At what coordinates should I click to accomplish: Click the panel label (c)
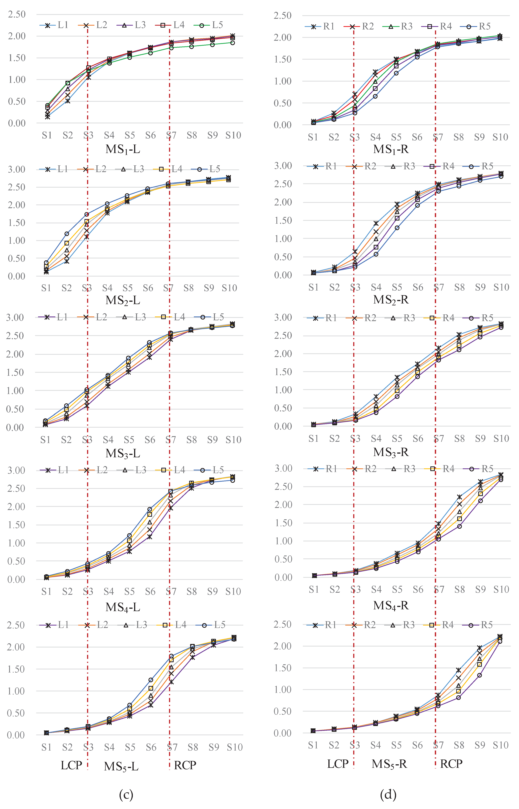tap(126, 794)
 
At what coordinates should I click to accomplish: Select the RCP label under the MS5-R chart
tap(451, 764)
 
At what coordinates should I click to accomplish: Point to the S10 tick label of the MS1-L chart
tap(233, 135)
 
